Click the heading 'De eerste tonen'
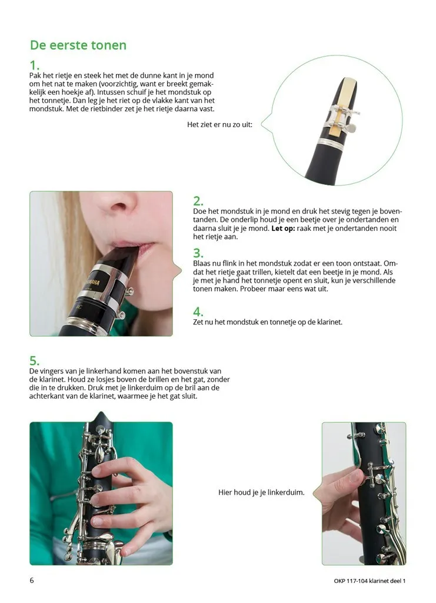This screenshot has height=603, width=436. tap(78, 45)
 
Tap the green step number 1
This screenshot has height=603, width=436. tap(35, 65)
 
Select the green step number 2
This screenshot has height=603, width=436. tap(198, 201)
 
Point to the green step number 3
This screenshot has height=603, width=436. tap(198, 253)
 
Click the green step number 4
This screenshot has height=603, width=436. tap(198, 312)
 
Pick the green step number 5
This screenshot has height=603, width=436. tap(35, 361)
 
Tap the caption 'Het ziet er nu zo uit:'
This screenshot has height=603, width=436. tap(219, 125)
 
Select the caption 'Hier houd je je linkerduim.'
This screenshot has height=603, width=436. tap(261, 492)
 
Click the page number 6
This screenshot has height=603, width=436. tap(32, 580)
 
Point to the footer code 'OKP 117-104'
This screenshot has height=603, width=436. tap(351, 581)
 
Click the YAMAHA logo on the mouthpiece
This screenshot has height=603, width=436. tap(92, 282)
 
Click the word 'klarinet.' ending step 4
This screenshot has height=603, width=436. tap(330, 322)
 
